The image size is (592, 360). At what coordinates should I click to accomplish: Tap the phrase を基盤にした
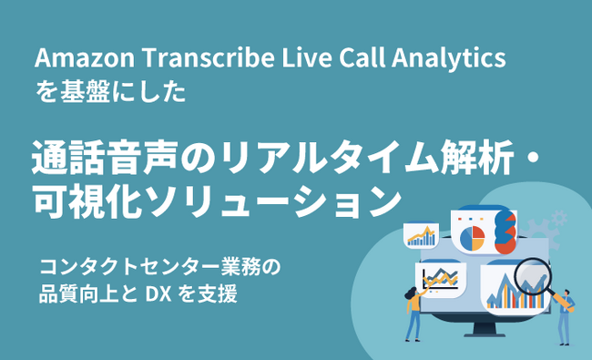[x=109, y=94]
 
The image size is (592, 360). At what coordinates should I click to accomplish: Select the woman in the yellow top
[x=413, y=310]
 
